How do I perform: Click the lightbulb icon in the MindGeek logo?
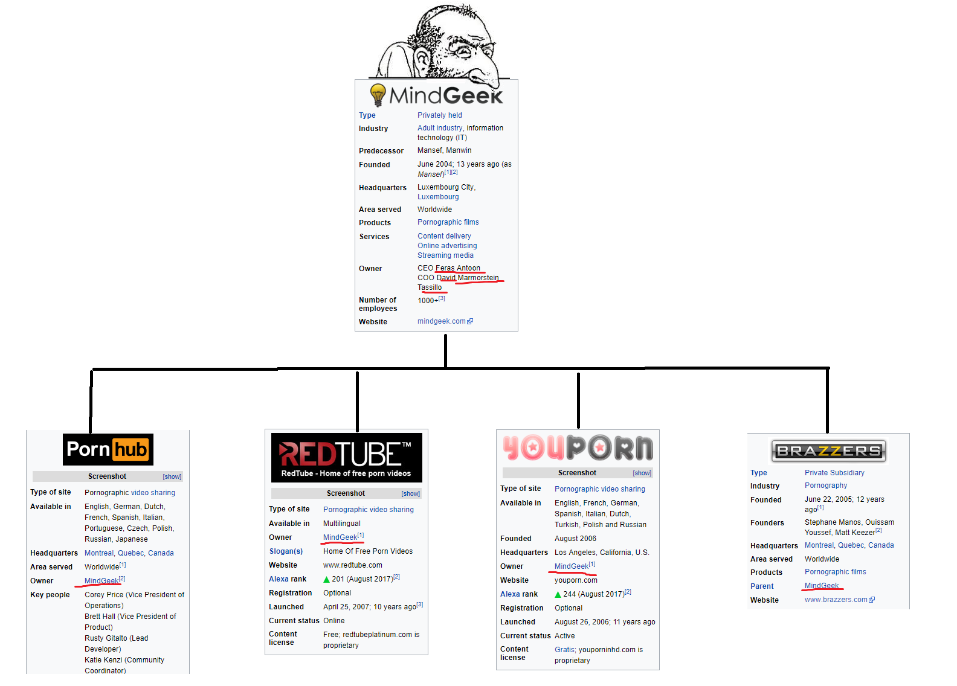tap(378, 95)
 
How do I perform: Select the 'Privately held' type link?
tap(439, 115)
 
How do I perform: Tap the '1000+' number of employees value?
tap(428, 301)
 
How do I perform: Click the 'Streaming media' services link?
tap(445, 255)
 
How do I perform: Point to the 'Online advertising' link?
tap(447, 246)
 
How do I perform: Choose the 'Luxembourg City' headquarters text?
tap(445, 187)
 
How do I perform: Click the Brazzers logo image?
tap(828, 451)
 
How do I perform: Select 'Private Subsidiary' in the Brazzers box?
tap(834, 473)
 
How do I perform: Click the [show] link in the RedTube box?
tap(411, 493)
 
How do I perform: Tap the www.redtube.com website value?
tap(352, 565)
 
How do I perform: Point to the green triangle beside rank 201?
tap(327, 580)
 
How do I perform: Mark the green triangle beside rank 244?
tap(558, 595)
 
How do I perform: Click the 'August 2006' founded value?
tap(575, 539)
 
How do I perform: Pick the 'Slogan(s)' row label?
tap(286, 551)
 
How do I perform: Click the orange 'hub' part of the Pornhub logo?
tap(131, 450)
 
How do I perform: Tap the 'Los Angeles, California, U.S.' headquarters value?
tap(601, 553)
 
